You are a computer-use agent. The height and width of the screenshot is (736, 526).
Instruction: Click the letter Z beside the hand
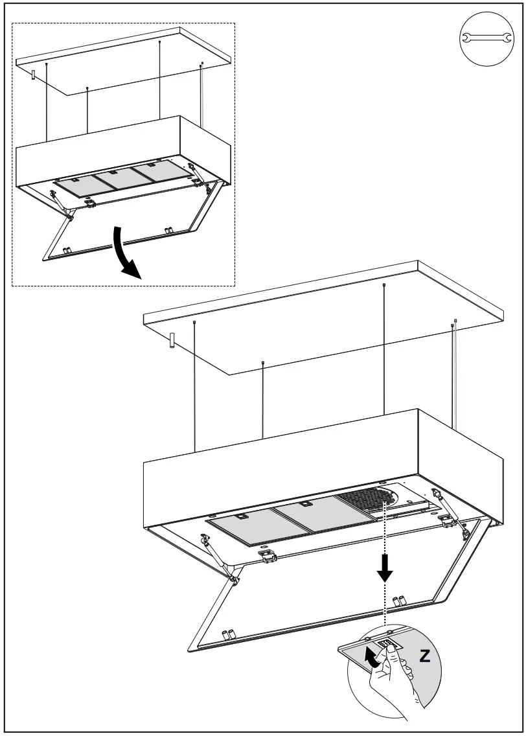pos(425,656)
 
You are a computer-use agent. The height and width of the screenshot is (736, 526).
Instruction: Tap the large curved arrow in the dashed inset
pos(125,254)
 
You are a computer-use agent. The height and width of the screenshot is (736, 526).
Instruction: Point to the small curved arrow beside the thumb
pos(371,659)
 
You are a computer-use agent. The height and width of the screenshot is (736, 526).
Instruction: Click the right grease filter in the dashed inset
pos(154,173)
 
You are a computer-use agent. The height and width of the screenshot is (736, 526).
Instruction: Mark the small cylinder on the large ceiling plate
pos(172,341)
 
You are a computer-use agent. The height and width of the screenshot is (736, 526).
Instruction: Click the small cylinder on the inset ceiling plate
pos(32,75)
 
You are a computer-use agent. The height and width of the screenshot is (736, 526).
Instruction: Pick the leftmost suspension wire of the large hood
pos(195,389)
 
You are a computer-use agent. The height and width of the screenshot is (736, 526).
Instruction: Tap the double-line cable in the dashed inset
pos(202,97)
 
